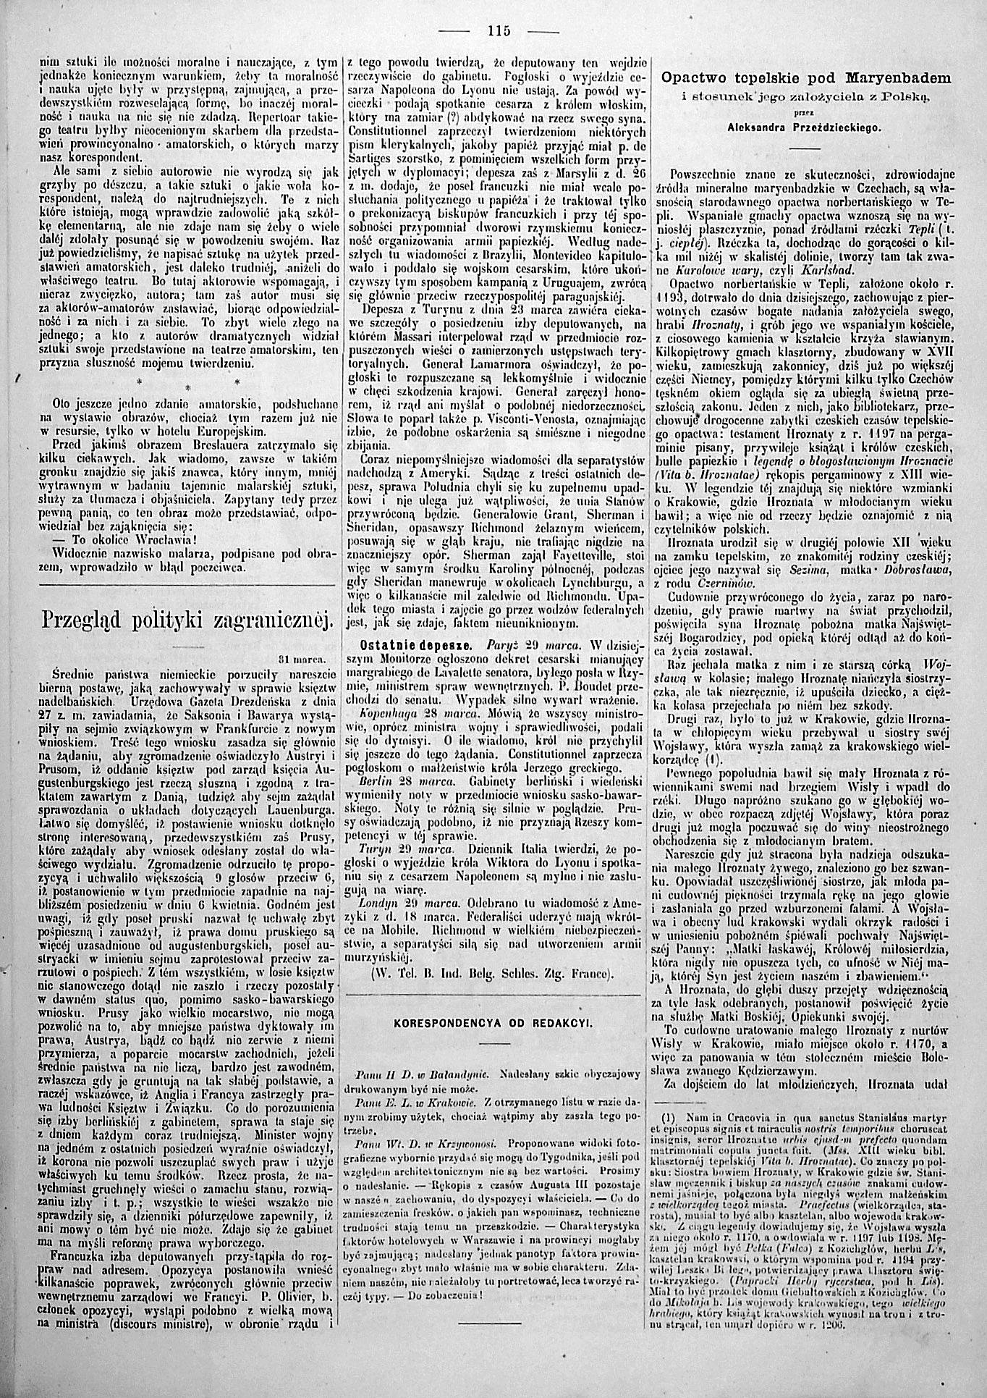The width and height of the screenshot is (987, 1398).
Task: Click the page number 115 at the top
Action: [499, 30]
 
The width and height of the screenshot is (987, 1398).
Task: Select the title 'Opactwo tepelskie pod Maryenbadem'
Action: [806, 77]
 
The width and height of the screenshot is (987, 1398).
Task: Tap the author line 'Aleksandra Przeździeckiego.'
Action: [805, 127]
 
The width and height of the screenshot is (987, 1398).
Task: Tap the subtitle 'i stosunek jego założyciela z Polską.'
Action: [806, 95]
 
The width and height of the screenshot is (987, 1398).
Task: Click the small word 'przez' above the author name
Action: [805, 113]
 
